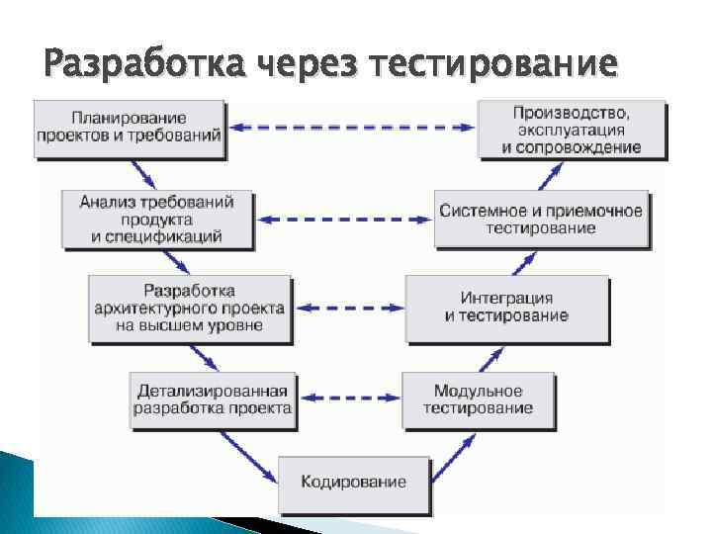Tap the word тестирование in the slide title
[x=492, y=65]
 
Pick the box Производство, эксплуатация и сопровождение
[x=571, y=128]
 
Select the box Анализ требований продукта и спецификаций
[x=156, y=219]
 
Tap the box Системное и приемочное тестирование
[x=541, y=219]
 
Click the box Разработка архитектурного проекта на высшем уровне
[x=189, y=309]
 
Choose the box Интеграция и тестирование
[x=506, y=307]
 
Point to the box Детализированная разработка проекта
[x=212, y=399]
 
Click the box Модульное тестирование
[x=478, y=399]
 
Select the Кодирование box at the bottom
[x=353, y=483]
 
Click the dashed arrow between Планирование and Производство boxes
[x=350, y=127]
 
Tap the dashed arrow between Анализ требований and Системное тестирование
[x=346, y=219]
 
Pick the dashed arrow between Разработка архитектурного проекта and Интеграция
[x=349, y=309]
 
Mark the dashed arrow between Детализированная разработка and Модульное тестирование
[x=349, y=399]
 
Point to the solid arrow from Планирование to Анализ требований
[x=143, y=175]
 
